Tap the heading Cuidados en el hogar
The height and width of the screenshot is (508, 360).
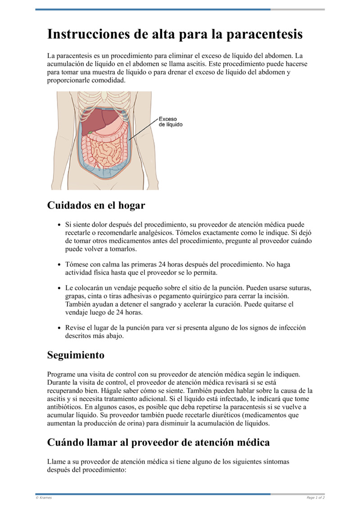tap(96, 205)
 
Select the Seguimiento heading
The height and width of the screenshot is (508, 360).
tap(76, 355)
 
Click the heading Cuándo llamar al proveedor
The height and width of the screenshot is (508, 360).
tap(158, 442)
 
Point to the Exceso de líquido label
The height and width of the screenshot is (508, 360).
tap(171, 122)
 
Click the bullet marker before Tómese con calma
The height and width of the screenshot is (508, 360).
tap(59, 265)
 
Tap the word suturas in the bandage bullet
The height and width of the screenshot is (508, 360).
tap(300, 287)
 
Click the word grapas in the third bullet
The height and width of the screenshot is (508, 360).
tap(75, 296)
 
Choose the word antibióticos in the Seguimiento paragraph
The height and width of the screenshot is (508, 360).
tap(66, 407)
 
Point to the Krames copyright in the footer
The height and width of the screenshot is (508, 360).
tap(44, 498)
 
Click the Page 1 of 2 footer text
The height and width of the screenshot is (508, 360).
tap(315, 498)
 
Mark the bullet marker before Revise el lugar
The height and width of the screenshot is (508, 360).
tap(59, 328)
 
